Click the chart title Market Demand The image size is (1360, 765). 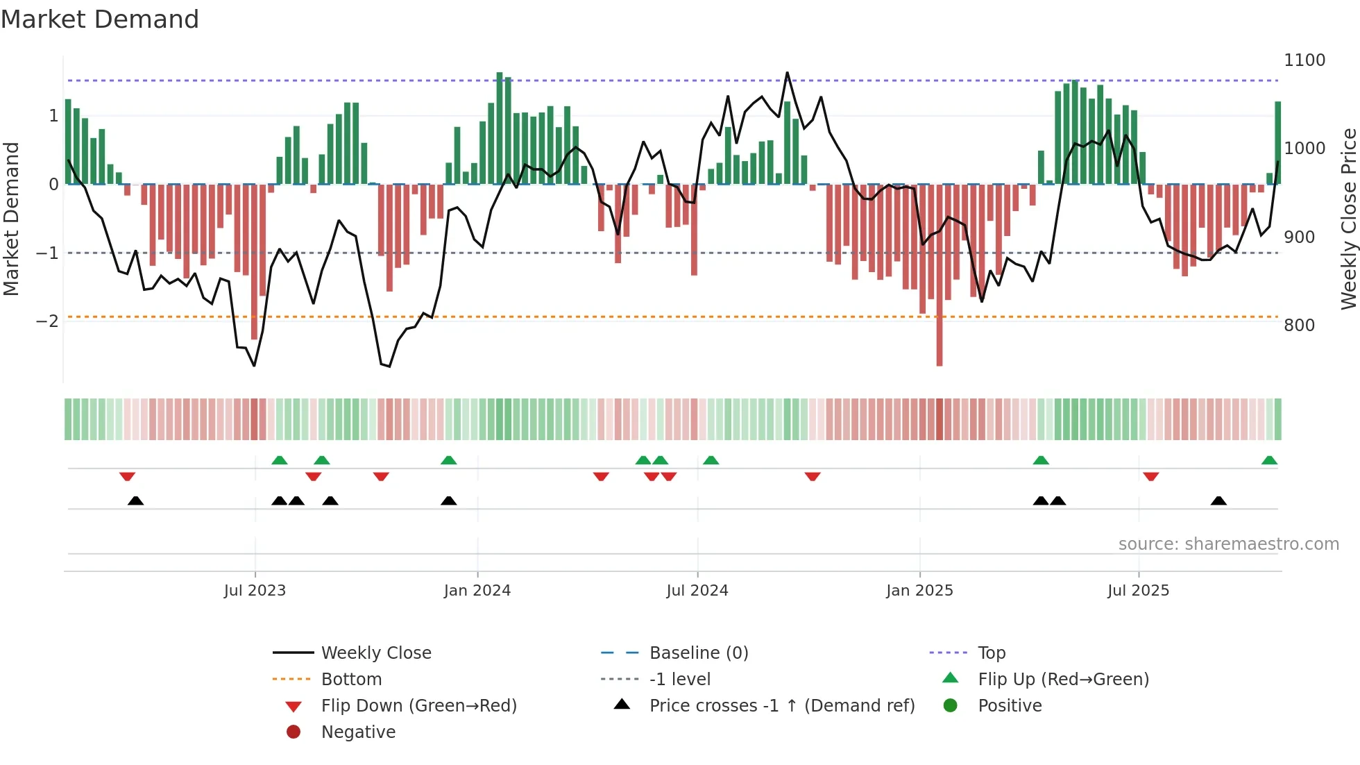pyautogui.click(x=100, y=19)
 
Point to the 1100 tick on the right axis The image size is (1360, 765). pyautogui.click(x=1304, y=60)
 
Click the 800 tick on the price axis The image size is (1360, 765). pyautogui.click(x=1299, y=326)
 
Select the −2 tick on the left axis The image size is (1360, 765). pyautogui.click(x=48, y=321)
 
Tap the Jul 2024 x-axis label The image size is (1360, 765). pyautogui.click(x=697, y=591)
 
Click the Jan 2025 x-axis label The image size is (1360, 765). pyautogui.click(x=919, y=591)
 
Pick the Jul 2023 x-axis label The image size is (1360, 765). pyautogui.click(x=255, y=591)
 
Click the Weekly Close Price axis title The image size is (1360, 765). pyautogui.click(x=1348, y=219)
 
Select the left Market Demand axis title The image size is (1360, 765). pyautogui.click(x=12, y=219)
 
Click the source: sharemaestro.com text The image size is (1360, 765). pyautogui.click(x=1228, y=544)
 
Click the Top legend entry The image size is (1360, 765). pyautogui.click(x=991, y=653)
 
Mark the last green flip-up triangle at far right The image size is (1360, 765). pyautogui.click(x=1269, y=460)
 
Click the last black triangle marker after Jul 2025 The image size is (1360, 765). pyautogui.click(x=1218, y=501)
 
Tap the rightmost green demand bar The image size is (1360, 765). pyautogui.click(x=1277, y=142)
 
